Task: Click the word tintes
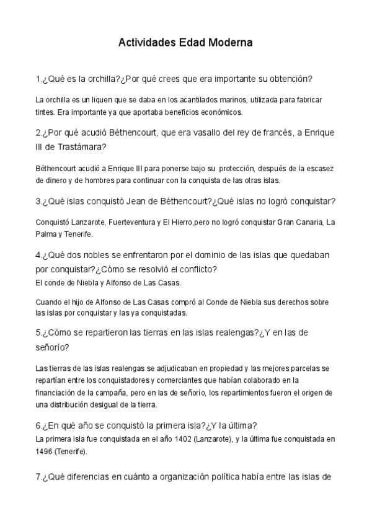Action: pos(45,112)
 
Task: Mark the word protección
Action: pos(244,167)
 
